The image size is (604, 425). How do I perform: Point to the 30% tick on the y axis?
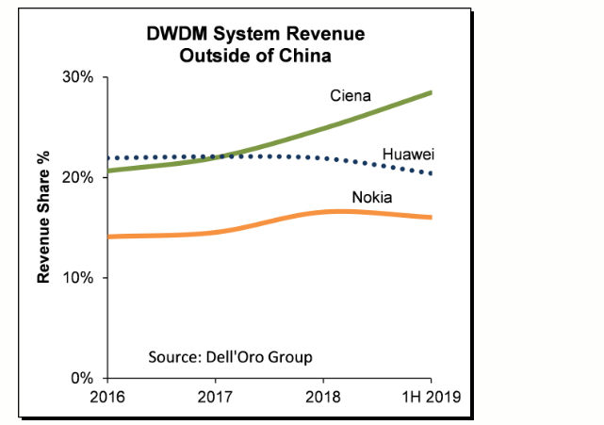coord(78,77)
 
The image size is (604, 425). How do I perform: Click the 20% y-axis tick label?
coord(78,177)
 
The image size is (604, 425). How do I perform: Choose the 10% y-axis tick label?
coord(78,278)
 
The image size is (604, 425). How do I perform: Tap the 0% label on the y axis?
coord(82,379)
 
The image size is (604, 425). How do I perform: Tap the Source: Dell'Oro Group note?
coord(230,357)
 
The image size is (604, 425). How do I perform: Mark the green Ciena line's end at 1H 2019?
coord(432,92)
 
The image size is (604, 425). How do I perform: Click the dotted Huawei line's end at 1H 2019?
coord(432,173)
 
